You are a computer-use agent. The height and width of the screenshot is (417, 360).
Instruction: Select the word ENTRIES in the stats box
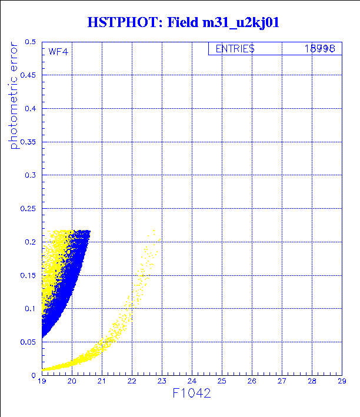point(235,49)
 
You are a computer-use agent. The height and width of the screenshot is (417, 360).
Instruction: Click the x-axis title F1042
point(191,393)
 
